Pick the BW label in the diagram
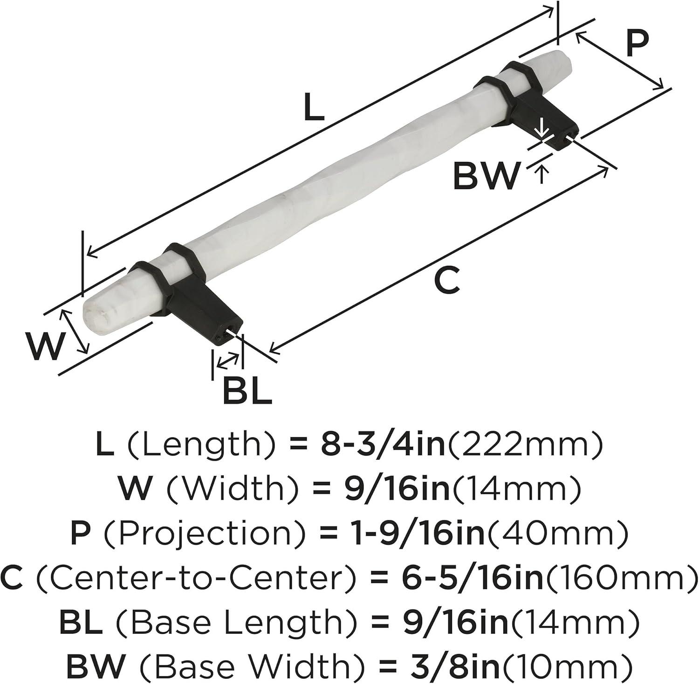point(486,175)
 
